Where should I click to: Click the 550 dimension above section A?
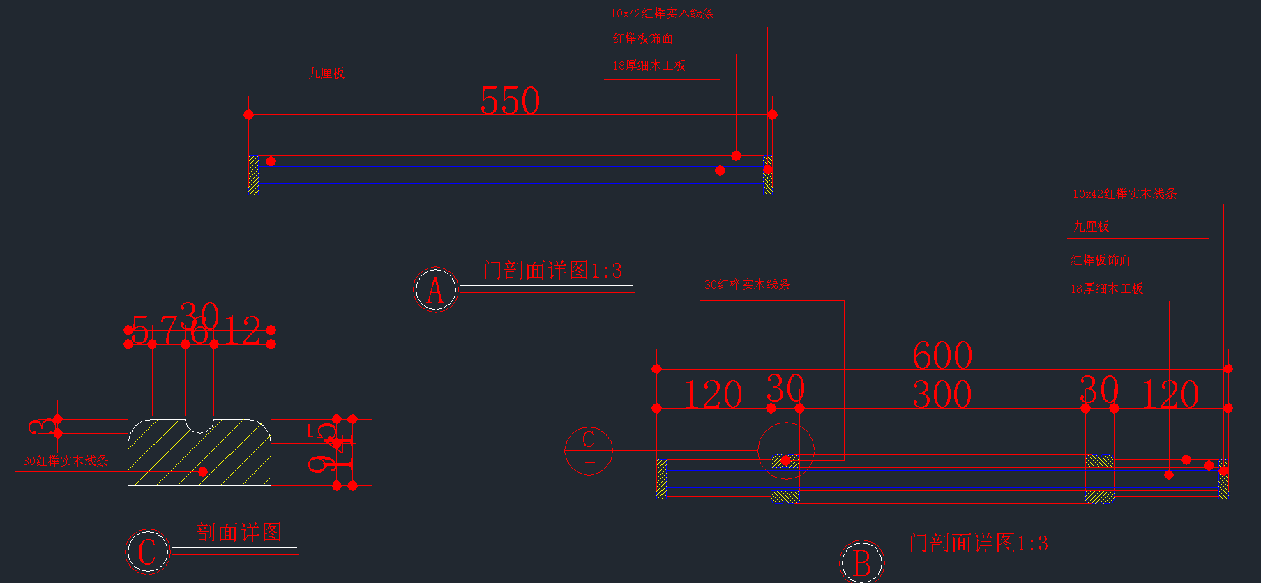510,102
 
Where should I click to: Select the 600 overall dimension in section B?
942,356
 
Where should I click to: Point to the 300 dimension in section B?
942,395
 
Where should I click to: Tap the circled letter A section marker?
435,289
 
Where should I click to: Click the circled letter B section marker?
862,563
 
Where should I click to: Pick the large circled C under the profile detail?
147,552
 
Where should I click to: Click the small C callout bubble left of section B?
589,450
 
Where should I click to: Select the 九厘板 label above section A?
327,73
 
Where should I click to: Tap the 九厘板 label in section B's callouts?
1091,227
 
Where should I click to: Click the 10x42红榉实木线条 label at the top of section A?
662,13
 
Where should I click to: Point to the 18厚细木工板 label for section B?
1107,289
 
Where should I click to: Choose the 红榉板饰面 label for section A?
642,39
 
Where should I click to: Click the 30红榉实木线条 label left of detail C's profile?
66,461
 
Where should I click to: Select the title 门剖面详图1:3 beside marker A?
552,271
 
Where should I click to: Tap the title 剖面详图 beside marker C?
239,533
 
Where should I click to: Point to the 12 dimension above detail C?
242,331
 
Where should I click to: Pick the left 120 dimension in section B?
713,395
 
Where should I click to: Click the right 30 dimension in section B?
1099,389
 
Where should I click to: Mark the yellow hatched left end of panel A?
254,174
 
